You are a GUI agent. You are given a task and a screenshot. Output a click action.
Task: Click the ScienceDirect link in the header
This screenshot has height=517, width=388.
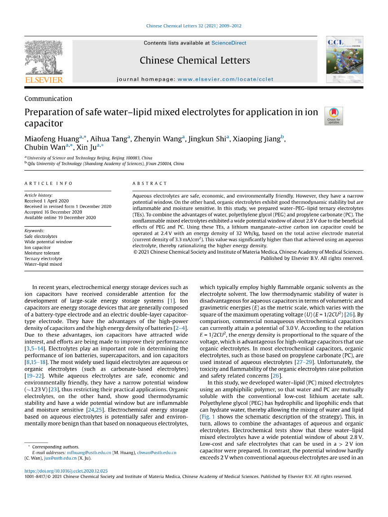(x=229, y=43)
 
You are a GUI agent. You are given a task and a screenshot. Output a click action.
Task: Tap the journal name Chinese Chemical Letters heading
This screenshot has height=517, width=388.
(x=195, y=61)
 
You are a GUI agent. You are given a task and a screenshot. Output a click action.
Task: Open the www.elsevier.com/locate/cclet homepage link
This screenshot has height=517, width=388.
(x=225, y=79)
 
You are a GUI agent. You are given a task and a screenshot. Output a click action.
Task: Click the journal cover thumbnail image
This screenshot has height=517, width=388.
(x=344, y=60)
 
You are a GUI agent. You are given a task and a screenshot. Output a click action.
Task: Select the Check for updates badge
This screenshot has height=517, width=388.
(x=334, y=116)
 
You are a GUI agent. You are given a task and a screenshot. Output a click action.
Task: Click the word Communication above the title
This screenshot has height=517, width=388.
(x=48, y=99)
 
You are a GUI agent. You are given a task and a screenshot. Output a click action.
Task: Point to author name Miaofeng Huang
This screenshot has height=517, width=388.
(x=52, y=139)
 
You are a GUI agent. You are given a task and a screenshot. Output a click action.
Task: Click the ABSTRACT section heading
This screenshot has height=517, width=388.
(x=150, y=184)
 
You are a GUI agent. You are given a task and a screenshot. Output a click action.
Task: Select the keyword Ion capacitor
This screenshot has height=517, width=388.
(x=37, y=248)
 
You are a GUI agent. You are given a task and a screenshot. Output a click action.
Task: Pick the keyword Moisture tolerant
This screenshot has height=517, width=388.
(x=42, y=253)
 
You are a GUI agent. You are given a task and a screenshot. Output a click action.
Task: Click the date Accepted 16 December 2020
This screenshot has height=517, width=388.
(x=53, y=212)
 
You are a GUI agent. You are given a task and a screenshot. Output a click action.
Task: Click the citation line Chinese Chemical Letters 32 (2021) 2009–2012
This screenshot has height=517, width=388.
(x=194, y=26)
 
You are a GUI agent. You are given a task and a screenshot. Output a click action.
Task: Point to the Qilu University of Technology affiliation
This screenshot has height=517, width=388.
(x=106, y=164)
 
